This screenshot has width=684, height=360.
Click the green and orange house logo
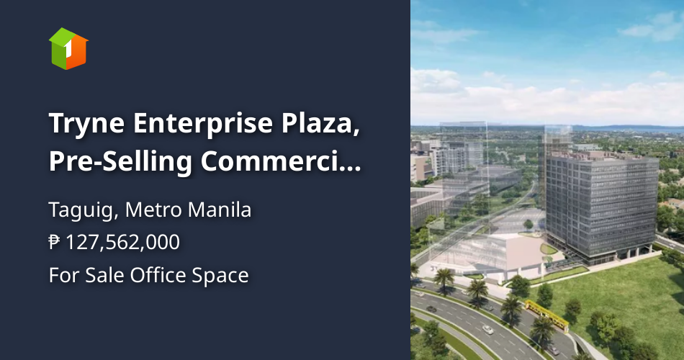pos(68,48)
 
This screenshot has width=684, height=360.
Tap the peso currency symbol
pos(55,243)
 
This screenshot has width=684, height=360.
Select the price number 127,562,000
pos(122,243)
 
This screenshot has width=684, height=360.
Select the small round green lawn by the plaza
pos(549,249)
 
